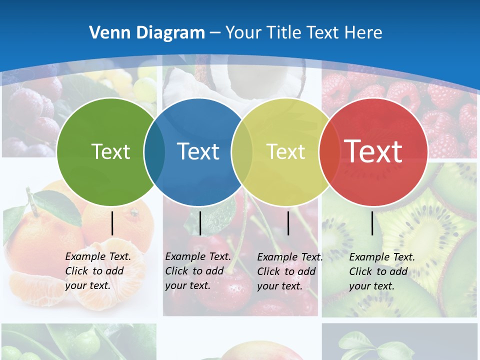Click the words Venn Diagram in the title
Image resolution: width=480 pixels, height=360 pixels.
click(147, 32)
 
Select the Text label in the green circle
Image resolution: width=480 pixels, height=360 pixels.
click(110, 151)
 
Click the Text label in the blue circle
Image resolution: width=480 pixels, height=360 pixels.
click(198, 151)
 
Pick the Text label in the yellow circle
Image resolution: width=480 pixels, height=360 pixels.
click(285, 151)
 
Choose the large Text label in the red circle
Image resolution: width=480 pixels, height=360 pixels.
click(373, 151)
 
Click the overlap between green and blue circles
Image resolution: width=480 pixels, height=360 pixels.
click(154, 152)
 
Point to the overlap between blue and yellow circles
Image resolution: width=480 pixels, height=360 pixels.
click(242, 152)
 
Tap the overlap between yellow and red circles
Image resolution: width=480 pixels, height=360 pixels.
click(329, 152)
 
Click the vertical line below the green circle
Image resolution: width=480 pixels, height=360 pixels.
click(112, 223)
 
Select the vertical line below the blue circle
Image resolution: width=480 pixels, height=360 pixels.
click(200, 223)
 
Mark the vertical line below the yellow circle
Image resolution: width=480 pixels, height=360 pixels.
click(288, 223)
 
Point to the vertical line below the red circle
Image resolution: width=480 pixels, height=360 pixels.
click(372, 223)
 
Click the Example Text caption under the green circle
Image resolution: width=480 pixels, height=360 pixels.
click(97, 271)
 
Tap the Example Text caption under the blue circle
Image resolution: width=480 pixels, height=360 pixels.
click(197, 271)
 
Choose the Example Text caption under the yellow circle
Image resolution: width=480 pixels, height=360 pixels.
click(289, 271)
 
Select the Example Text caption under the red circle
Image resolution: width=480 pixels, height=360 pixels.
click(381, 271)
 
